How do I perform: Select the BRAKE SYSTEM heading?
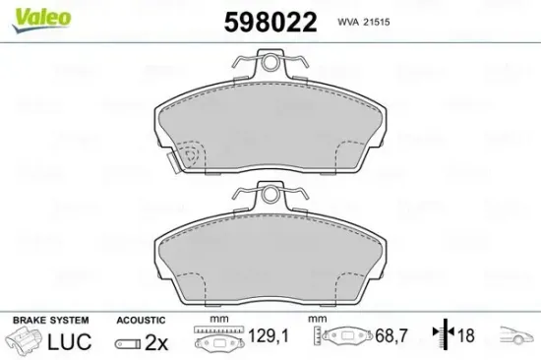tap(49, 320)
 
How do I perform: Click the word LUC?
tap(71, 341)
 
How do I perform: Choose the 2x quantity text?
tap(155, 341)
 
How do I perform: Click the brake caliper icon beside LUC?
tap(25, 341)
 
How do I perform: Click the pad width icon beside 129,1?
tap(218, 339)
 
